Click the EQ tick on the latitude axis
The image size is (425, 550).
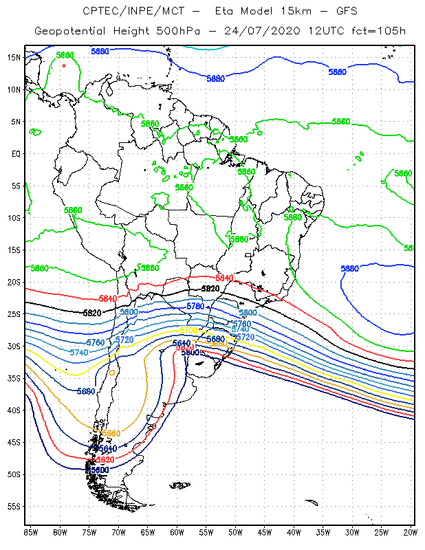click(16, 153)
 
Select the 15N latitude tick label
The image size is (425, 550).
click(14, 57)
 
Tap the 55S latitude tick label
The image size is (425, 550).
click(14, 506)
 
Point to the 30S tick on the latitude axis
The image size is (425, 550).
click(14, 346)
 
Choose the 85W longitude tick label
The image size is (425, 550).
click(31, 533)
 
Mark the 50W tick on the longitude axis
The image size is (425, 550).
click(236, 533)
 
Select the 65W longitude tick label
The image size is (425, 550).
click(148, 533)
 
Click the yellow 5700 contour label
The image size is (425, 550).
click(188, 331)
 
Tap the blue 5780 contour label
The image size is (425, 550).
click(195, 306)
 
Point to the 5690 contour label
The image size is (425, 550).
click(86, 391)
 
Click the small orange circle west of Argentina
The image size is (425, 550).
click(112, 373)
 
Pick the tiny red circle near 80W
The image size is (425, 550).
click(64, 66)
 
